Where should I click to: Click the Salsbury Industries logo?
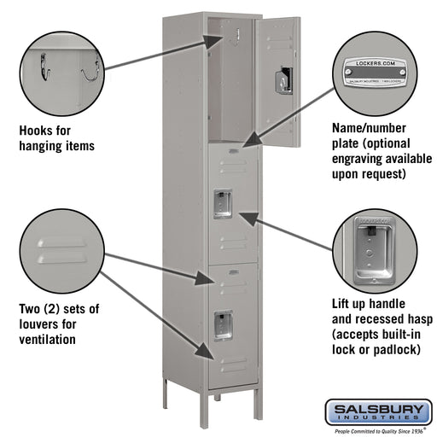tap(378, 413)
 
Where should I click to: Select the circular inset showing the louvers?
tap(60, 252)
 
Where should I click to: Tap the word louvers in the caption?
tap(41, 324)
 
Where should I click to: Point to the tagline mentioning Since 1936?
tap(378, 431)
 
